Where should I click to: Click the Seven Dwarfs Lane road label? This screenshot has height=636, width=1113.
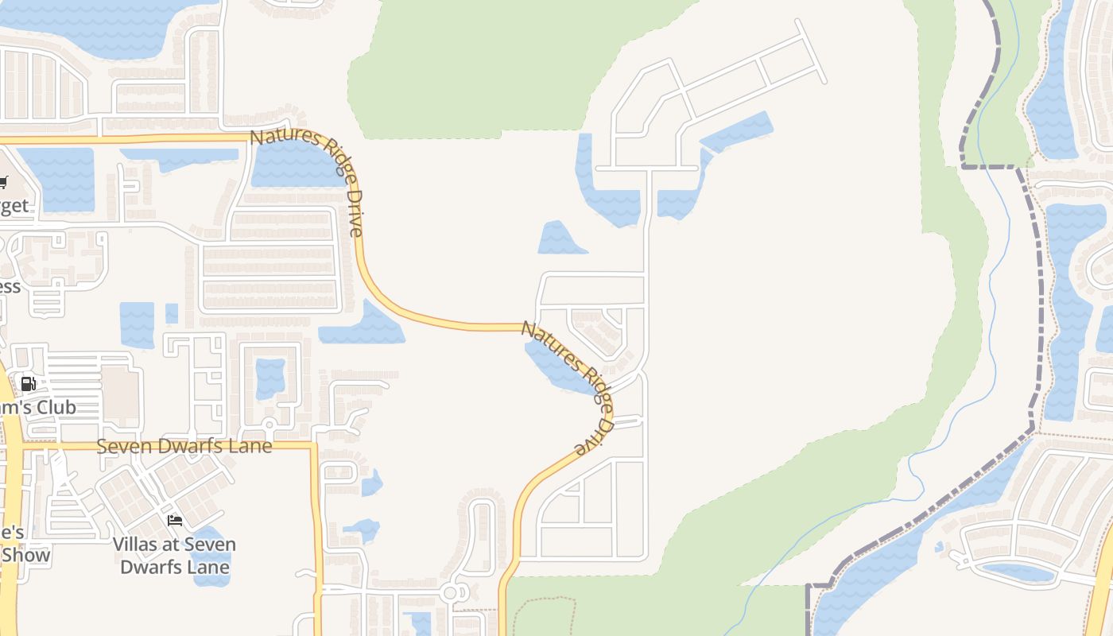tap(184, 446)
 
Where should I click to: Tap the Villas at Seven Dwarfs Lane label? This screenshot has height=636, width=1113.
tap(174, 556)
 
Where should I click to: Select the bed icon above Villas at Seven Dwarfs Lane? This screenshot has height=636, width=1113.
tap(175, 521)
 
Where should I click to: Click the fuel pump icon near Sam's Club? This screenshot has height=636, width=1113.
tap(28, 384)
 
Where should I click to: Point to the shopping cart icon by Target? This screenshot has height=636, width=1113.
tap(2, 182)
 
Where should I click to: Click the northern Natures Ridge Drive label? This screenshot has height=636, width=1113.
tap(310, 180)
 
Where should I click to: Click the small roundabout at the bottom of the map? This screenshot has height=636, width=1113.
tap(451, 593)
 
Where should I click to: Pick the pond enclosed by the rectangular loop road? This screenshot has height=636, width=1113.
tap(270, 378)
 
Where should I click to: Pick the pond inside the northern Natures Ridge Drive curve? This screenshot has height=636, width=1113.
tap(294, 163)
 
